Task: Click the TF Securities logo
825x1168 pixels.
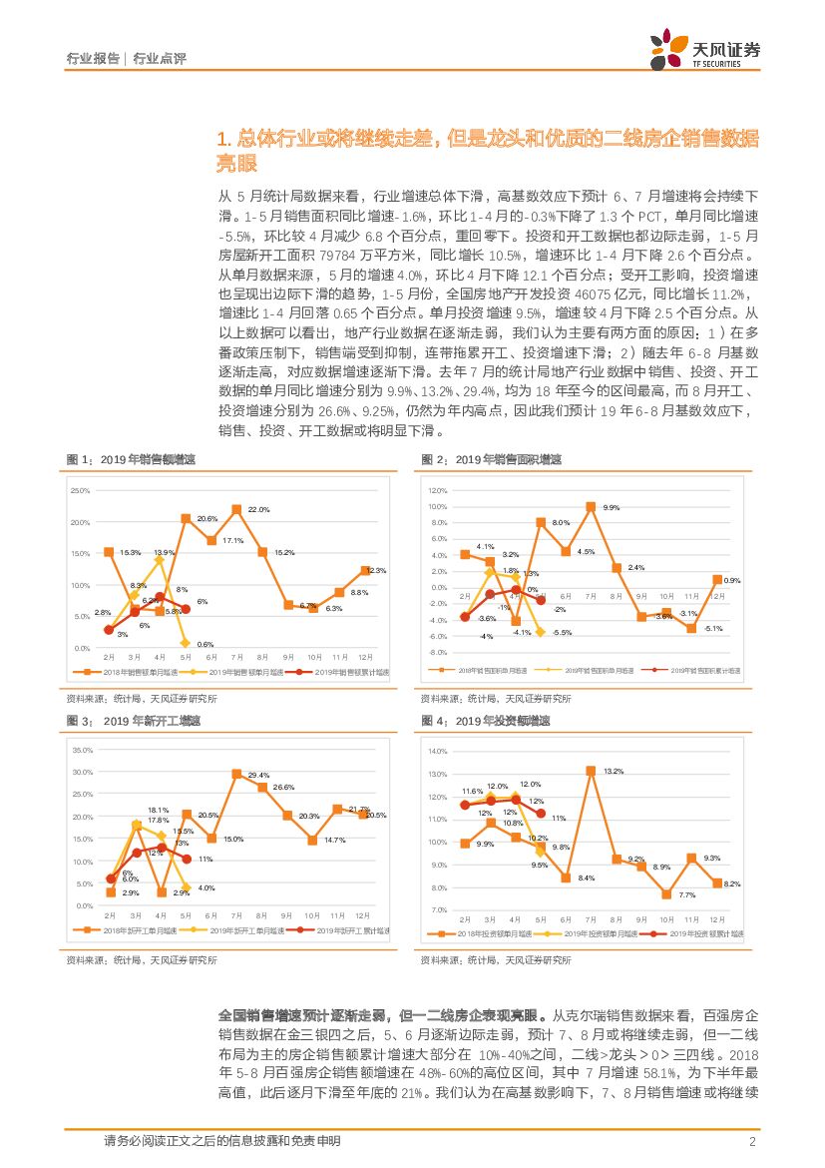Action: [704, 48]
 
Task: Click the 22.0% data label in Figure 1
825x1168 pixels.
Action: [258, 510]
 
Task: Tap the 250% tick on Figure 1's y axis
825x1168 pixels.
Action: [81, 491]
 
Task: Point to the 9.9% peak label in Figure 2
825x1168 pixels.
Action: [612, 507]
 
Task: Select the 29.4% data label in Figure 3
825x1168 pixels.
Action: [258, 775]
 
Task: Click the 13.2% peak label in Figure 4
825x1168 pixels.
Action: [613, 771]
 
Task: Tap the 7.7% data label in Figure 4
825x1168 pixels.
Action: [686, 894]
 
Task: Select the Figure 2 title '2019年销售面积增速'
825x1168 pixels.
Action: [508, 460]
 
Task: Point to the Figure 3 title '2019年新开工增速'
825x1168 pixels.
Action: [153, 721]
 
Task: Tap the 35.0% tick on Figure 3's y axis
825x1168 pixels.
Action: [83, 751]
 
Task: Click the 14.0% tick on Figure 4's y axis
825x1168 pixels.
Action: [437, 751]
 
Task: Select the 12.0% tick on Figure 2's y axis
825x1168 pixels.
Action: [437, 491]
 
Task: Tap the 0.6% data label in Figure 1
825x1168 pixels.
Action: [206, 644]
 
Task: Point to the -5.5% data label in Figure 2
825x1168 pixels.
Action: [562, 633]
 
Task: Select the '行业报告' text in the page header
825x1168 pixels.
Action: [92, 59]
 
